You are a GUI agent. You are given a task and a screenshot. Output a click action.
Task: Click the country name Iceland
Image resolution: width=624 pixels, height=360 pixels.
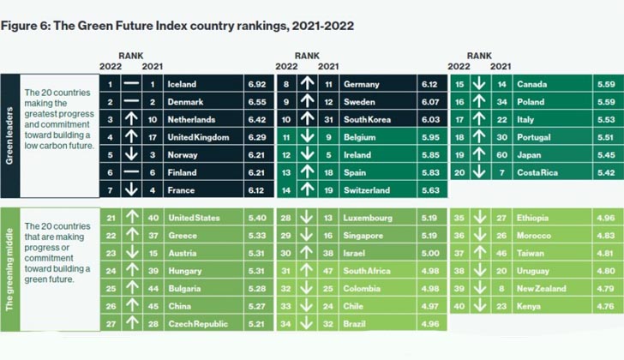tap(182, 84)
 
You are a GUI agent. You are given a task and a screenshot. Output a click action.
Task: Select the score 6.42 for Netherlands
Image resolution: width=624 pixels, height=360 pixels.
tap(256, 120)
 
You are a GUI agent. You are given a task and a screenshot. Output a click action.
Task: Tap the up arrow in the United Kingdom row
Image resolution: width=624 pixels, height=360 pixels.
tap(131, 137)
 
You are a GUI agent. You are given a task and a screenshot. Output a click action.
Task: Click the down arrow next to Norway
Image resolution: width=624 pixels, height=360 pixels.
tap(131, 155)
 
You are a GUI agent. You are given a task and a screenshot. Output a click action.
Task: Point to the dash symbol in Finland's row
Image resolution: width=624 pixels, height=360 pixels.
tap(131, 172)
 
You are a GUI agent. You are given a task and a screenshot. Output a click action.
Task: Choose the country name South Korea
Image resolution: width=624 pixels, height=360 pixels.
tap(368, 120)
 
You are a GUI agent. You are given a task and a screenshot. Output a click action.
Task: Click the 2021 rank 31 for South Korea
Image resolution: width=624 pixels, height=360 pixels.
tap(328, 120)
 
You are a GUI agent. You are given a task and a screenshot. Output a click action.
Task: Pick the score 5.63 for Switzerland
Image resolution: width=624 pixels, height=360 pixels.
tap(430, 190)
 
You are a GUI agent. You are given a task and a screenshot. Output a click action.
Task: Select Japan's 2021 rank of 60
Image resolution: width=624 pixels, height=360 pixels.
tap(501, 155)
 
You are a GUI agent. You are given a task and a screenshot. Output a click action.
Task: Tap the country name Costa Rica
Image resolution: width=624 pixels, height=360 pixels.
tap(537, 172)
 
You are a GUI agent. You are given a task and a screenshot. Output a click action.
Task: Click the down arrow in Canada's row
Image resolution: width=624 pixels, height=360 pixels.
tap(479, 84)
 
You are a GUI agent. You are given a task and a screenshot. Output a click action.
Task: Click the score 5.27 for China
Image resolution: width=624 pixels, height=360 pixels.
tap(256, 306)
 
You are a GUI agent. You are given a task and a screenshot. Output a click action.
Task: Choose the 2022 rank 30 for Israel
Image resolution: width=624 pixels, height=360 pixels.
tap(285, 254)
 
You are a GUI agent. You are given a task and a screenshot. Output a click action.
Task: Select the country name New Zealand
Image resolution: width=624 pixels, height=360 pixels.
tap(541, 289)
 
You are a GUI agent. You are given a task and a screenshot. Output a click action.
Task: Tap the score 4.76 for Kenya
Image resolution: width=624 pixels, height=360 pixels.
tap(606, 306)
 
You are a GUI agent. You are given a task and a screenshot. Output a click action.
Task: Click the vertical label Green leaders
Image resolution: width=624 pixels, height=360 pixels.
tap(9, 135)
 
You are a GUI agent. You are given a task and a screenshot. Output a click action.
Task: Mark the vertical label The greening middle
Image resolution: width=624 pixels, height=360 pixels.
tap(9, 270)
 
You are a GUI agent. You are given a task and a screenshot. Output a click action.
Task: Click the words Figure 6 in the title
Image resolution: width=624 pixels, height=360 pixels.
tap(25, 26)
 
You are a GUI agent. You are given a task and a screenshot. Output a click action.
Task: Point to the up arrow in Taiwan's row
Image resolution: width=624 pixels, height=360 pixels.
tap(480, 253)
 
